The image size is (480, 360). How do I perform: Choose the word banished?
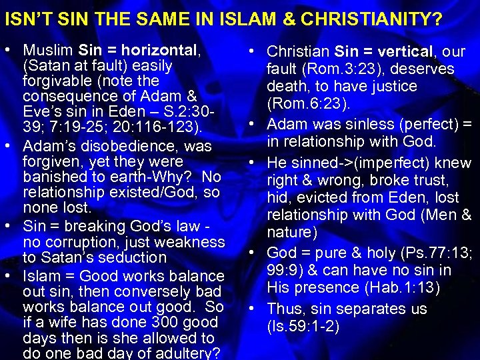coord(52,177)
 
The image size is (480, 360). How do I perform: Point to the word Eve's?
coord(44,111)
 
